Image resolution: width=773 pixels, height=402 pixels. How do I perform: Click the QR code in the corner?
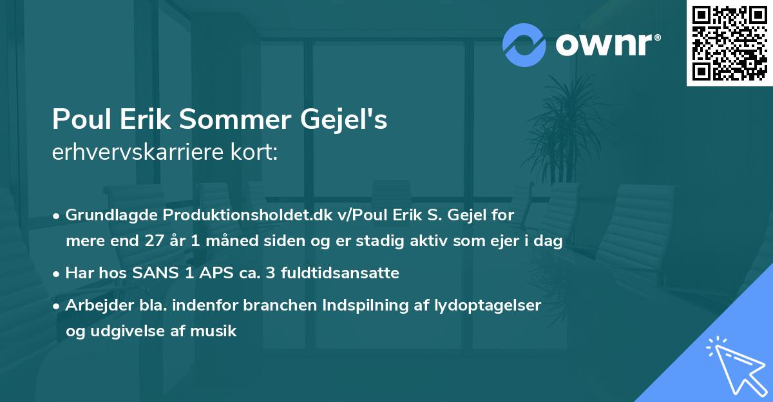(x=730, y=43)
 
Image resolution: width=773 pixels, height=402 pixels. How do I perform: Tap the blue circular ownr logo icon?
(x=524, y=45)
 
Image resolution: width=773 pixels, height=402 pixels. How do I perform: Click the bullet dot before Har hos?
(x=57, y=274)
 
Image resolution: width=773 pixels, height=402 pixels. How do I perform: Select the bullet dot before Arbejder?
(x=57, y=306)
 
